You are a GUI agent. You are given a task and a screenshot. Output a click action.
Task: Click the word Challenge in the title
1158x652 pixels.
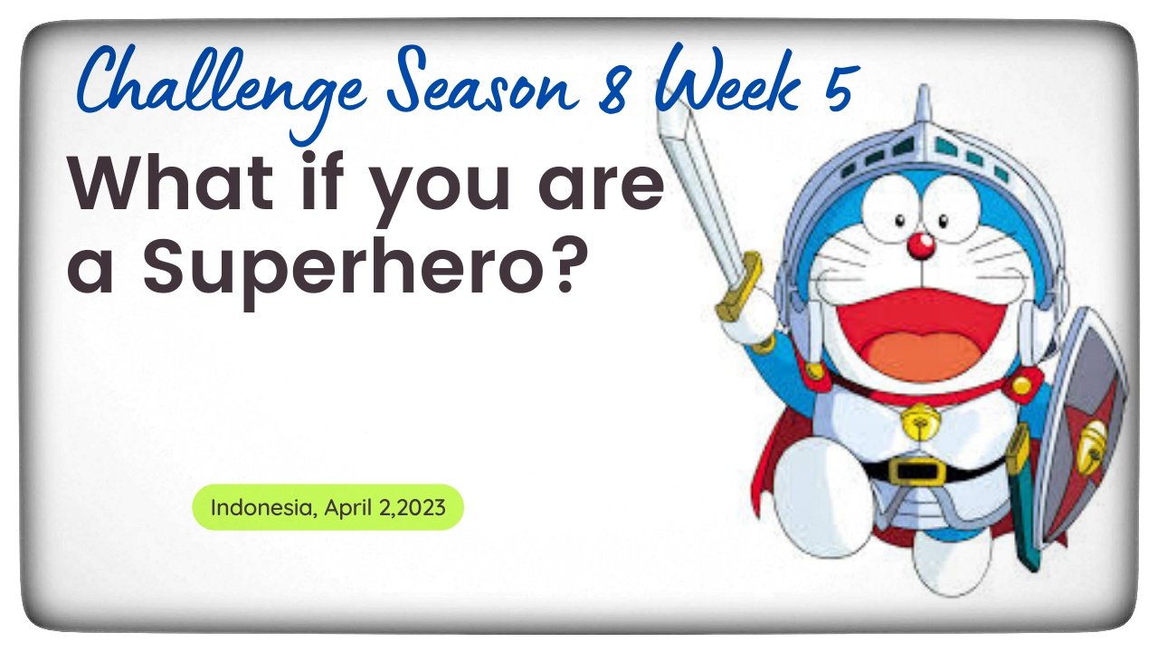pos(223,88)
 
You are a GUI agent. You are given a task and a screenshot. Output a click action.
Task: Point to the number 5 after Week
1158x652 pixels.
pos(838,87)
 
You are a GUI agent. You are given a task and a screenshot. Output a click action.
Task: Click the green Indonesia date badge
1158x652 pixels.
pos(327,507)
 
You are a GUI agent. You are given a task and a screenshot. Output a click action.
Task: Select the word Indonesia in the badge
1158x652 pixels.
pos(261,508)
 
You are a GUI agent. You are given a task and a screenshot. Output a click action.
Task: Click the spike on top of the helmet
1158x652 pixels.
pos(924,105)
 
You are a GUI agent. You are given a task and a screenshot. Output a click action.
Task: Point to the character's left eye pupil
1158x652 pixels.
pos(900,221)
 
